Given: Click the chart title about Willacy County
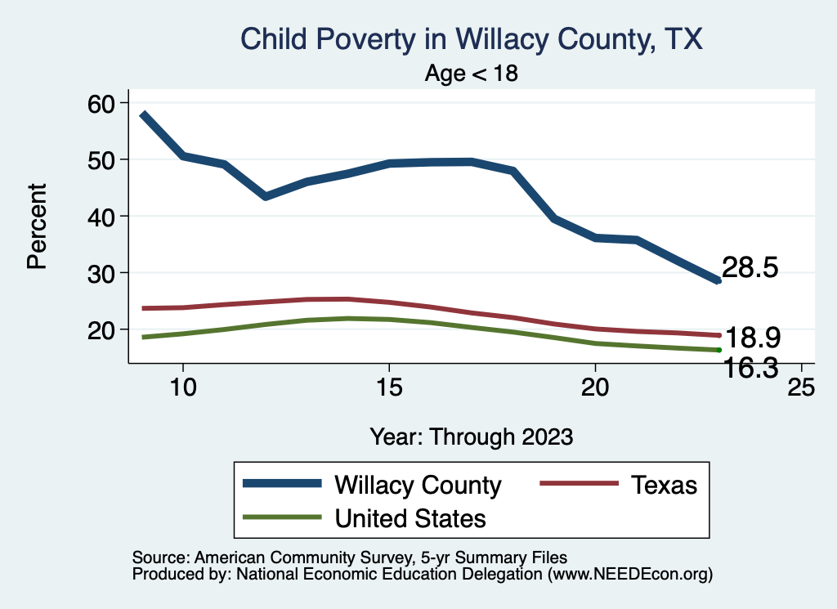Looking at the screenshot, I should [x=471, y=39].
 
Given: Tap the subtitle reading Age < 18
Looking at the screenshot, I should [x=472, y=74].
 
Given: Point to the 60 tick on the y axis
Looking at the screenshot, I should [x=106, y=103].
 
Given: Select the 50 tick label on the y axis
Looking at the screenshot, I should [x=106, y=159].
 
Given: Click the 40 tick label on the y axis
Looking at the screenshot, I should [x=106, y=216].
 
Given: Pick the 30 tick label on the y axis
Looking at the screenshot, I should [x=106, y=272].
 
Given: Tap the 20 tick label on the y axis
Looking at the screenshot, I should [x=106, y=329].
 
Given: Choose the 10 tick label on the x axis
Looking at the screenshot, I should [x=182, y=387].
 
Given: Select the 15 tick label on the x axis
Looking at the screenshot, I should [x=388, y=387].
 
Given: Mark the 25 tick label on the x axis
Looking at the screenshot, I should [x=800, y=387].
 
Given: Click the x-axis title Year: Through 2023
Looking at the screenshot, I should [x=471, y=436].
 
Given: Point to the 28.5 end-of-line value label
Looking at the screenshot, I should [x=750, y=267].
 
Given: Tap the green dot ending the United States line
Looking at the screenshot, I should [x=718, y=350].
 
